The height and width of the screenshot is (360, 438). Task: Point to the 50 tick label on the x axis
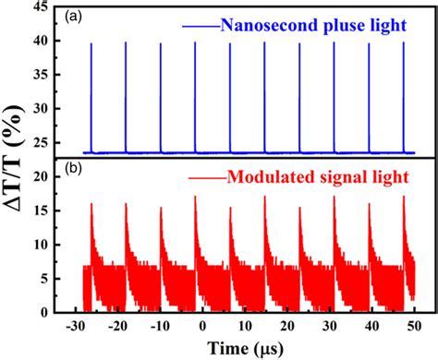(x=415, y=326)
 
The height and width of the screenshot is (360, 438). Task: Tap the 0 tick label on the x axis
(x=203, y=326)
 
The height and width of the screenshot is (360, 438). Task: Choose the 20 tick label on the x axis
(x=288, y=326)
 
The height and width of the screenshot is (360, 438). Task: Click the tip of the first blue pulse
(x=91, y=43)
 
